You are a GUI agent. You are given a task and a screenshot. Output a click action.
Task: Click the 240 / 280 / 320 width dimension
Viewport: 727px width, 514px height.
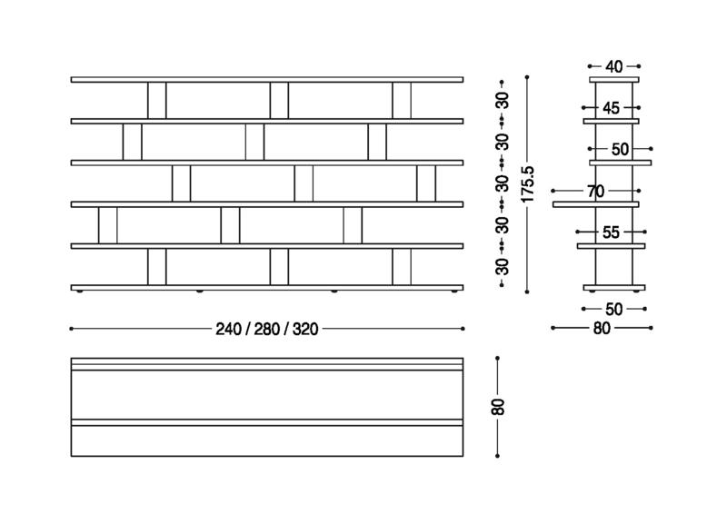pos(267,329)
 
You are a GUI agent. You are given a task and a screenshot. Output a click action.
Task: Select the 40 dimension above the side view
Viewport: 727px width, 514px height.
pos(614,66)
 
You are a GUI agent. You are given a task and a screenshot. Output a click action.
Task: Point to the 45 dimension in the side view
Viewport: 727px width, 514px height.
pos(611,108)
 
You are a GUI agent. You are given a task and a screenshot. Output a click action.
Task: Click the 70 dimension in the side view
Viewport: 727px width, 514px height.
pos(595,191)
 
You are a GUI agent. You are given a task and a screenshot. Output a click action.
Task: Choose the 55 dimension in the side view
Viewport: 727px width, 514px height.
pos(611,232)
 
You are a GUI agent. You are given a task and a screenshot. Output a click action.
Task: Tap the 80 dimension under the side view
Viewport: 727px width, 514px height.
pos(602,329)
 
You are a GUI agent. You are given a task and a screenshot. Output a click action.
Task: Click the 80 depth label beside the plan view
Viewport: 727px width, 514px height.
pos(498,407)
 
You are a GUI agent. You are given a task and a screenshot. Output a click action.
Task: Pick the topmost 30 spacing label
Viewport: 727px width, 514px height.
pos(502,100)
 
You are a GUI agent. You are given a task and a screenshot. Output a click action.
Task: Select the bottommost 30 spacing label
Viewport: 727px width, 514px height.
pos(502,266)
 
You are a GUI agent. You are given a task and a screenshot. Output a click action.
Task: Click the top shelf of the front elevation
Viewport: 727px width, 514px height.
pos(267,80)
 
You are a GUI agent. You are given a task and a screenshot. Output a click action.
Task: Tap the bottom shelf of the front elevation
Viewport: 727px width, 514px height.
pos(267,288)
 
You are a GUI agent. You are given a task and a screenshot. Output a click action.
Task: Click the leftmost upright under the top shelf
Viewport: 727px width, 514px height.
pos(156,100)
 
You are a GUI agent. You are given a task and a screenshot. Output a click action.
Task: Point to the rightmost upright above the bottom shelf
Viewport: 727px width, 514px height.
pos(402,266)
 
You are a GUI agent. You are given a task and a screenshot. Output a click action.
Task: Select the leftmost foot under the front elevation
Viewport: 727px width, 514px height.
pos(82,292)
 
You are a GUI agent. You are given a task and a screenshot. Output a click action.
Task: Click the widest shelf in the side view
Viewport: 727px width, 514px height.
pos(596,204)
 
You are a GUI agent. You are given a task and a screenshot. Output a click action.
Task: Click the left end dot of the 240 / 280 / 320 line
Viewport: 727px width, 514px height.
pos(71,329)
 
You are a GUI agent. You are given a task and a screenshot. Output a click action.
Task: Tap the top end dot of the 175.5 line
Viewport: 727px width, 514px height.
pos(528,77)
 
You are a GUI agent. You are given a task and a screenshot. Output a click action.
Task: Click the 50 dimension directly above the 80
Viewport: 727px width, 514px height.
pos(614,309)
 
